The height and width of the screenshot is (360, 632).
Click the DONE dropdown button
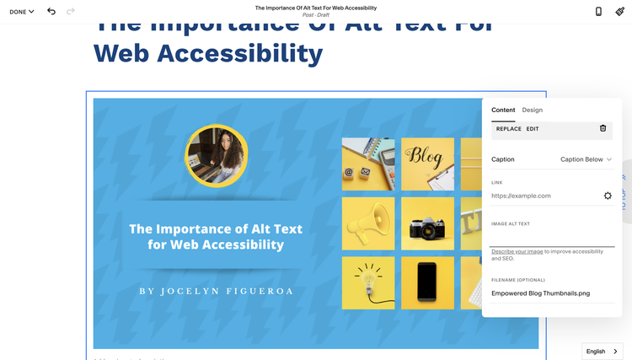coord(22,12)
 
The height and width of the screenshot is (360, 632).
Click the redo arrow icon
coord(70,11)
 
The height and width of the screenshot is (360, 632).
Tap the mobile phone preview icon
coord(598,11)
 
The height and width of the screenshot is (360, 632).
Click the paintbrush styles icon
coord(619,11)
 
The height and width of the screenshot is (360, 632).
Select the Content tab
coord(503,110)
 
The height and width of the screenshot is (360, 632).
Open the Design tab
coord(532,110)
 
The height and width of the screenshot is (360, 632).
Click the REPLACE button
coord(508,129)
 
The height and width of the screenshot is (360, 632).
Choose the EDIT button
coord(533,129)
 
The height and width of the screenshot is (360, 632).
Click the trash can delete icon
coord(603,128)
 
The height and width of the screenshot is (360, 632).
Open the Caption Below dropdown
coord(586,159)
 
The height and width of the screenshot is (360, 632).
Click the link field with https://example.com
coord(544,196)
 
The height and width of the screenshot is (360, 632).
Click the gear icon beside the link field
coord(608,196)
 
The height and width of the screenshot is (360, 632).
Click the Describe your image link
coord(517,251)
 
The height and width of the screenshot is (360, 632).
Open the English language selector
coord(602,351)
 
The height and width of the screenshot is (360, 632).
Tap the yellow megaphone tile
coord(367,223)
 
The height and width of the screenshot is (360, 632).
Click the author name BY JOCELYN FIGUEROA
coord(215,291)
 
